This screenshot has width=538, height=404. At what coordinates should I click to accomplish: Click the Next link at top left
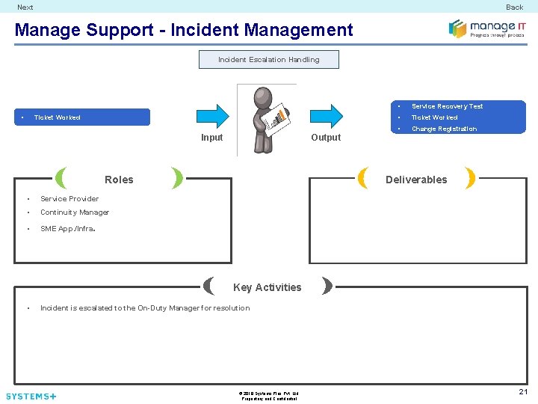tap(25, 7)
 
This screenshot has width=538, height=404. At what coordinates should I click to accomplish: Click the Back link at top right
tap(514, 7)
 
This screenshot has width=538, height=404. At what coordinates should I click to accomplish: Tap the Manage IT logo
tap(486, 28)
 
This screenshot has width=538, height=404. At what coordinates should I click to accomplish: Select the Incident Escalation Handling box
tap(268, 60)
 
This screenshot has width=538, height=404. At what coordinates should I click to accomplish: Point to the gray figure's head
tap(263, 97)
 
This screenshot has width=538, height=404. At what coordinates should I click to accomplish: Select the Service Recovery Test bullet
tap(447, 106)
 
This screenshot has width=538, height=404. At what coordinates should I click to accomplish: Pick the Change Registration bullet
tap(444, 129)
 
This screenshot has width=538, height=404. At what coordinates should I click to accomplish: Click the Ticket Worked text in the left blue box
tap(58, 117)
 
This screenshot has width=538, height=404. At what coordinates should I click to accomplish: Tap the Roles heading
tap(119, 180)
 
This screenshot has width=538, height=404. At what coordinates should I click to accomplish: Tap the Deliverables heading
tap(416, 180)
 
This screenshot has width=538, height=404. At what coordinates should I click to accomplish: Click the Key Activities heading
tap(268, 287)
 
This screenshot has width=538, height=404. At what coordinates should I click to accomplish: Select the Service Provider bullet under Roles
tap(69, 199)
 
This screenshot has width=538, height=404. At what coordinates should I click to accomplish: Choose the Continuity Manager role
tap(75, 212)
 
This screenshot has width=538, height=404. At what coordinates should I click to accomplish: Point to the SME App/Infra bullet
tap(67, 229)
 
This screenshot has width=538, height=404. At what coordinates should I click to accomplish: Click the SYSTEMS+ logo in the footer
tap(31, 396)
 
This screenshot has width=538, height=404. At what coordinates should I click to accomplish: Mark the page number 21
tap(523, 392)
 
